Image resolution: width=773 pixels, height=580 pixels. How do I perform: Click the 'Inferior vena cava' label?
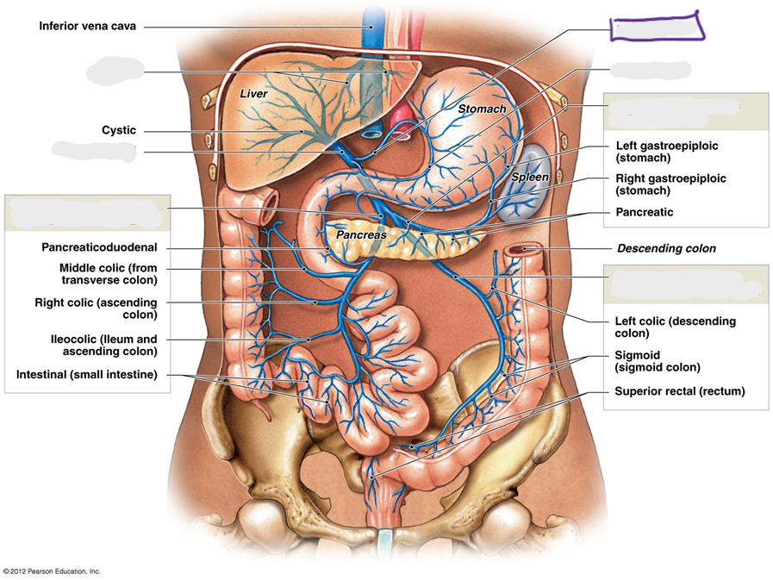pos(87,26)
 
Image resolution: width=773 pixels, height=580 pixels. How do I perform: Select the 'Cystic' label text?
pos(119,130)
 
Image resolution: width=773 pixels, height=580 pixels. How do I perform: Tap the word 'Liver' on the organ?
pos(253,94)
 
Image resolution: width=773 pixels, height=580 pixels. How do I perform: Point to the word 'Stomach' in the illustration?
pos(482,109)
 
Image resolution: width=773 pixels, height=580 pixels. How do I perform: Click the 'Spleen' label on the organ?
pos(529,177)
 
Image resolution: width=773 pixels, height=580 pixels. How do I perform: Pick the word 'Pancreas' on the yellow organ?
pos(361,235)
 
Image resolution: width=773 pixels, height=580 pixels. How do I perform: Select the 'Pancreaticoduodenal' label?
pos(99,247)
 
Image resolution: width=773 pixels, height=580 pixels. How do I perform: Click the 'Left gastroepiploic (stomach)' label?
pos(666,152)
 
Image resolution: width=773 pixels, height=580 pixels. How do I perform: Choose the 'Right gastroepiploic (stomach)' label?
pos(670,184)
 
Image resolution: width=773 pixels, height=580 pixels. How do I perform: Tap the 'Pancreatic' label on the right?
pos(645,212)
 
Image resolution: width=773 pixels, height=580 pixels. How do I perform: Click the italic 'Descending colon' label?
pos(666,248)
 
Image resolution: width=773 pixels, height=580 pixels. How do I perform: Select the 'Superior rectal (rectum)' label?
pos(679,391)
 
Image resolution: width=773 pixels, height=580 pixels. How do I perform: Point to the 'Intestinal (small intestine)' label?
pos(87,375)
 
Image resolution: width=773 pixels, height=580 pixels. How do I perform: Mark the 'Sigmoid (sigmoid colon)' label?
pos(658,361)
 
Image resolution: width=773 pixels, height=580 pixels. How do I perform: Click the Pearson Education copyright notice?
pos(52,571)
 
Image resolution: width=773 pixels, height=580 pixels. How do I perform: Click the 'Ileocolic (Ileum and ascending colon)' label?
pos(104,346)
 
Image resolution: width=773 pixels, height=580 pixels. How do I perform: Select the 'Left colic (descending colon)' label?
pos(675,327)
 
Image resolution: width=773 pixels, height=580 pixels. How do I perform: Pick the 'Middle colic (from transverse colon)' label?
pos(109,274)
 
